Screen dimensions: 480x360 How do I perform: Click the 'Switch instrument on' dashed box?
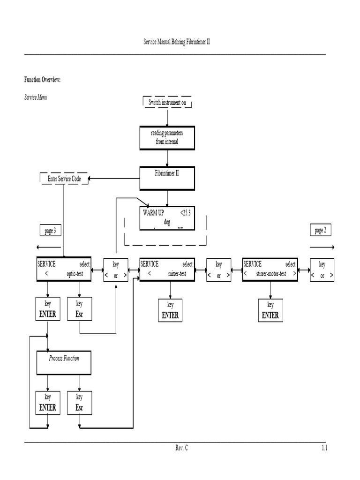tap(167, 102)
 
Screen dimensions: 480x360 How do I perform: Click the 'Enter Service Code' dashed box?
tap(64, 179)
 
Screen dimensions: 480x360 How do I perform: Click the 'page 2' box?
tap(321, 230)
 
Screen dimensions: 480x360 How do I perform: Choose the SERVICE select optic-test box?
tap(64, 270)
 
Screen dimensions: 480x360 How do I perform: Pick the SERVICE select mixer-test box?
tap(167, 270)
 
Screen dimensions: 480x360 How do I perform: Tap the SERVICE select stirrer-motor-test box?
tap(270, 270)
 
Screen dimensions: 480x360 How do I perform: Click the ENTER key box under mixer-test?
tap(170, 311)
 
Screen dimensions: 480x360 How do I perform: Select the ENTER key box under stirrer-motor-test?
tap(270, 311)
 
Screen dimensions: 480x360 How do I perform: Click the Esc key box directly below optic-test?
tap(79, 309)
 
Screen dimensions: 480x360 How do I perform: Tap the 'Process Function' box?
tap(64, 363)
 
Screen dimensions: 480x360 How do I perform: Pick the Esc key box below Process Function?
tap(79, 402)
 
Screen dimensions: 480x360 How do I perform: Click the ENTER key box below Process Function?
tap(48, 402)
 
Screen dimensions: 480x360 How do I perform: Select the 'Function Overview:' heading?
tap(43, 80)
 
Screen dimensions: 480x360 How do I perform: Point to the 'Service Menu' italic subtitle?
tap(35, 97)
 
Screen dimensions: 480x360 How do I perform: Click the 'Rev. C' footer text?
tap(181, 448)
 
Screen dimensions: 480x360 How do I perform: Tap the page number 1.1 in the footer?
tap(324, 448)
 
